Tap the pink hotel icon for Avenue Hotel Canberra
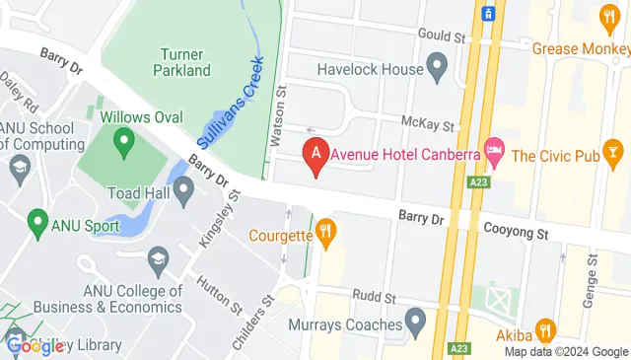pyautogui.click(x=495, y=153)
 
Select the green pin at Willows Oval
pyautogui.click(x=124, y=143)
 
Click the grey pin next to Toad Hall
pyautogui.click(x=183, y=190)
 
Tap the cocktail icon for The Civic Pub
pyautogui.click(x=612, y=153)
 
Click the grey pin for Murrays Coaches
pyautogui.click(x=416, y=320)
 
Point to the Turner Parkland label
pyautogui.click(x=182, y=62)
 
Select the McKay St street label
pyautogui.click(x=428, y=125)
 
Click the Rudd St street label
pyautogui.click(x=376, y=296)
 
